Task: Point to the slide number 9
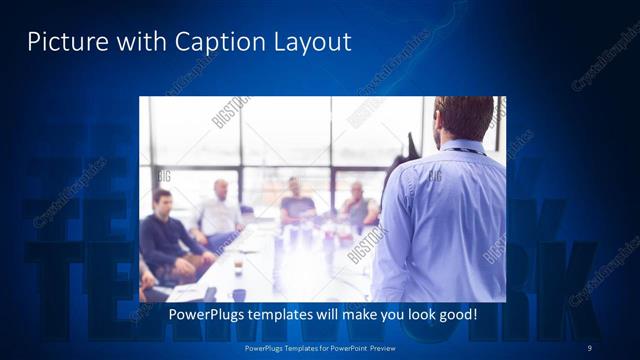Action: pos(590,347)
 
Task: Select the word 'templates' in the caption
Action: pos(285,314)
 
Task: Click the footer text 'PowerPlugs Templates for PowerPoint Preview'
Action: pos(320,347)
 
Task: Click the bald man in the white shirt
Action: pos(219,212)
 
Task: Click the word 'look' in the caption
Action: pos(415,314)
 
